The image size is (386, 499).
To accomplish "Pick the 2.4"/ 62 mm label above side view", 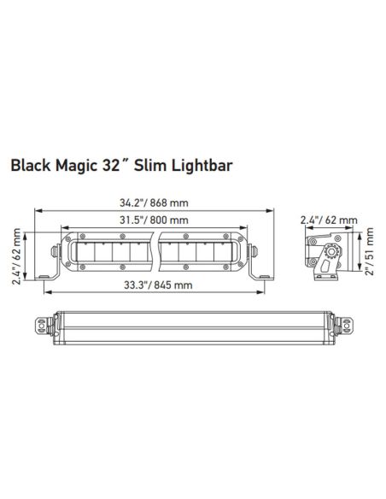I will point(328,220).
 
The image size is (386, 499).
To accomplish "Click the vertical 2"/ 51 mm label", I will point(368,252).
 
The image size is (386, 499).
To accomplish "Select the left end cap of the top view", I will point(39,326).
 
